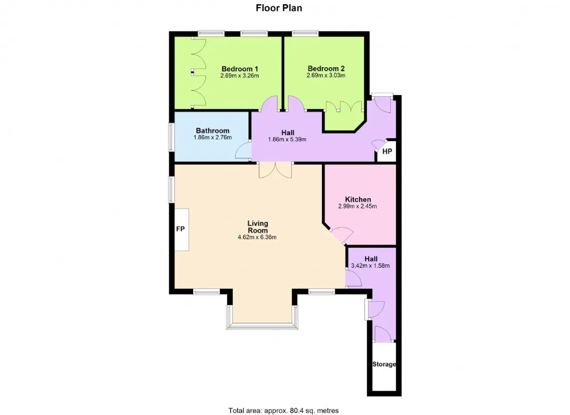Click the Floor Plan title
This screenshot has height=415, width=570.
(279, 8)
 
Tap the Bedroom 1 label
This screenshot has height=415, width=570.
(240, 69)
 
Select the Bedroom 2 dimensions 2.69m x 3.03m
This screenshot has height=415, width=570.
(326, 75)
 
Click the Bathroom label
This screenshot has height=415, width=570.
(212, 131)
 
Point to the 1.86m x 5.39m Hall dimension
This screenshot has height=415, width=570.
(287, 140)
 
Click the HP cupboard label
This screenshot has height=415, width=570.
(387, 152)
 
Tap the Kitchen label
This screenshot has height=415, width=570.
(358, 199)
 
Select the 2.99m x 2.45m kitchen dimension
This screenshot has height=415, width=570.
(358, 206)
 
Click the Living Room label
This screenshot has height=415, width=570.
(258, 227)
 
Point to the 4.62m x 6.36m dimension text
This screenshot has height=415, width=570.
(257, 238)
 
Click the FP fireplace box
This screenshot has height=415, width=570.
(182, 230)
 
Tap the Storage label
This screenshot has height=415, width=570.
(384, 364)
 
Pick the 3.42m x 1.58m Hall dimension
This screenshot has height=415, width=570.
(370, 266)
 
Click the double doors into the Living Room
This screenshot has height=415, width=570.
(275, 170)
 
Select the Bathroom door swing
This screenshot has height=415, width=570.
(243, 151)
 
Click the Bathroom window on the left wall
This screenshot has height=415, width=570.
(171, 137)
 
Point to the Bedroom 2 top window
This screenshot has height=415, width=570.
(305, 33)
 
